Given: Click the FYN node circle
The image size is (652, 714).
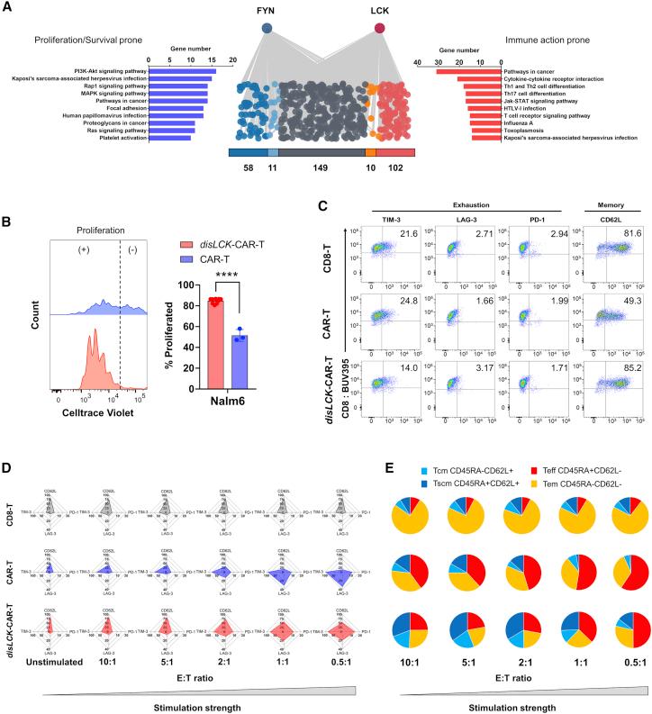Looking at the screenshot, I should [267, 30].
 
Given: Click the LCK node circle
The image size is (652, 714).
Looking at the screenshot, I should [380, 30].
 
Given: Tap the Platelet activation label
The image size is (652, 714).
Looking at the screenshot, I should [122, 138].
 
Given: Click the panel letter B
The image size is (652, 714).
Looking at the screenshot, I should [8, 220].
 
